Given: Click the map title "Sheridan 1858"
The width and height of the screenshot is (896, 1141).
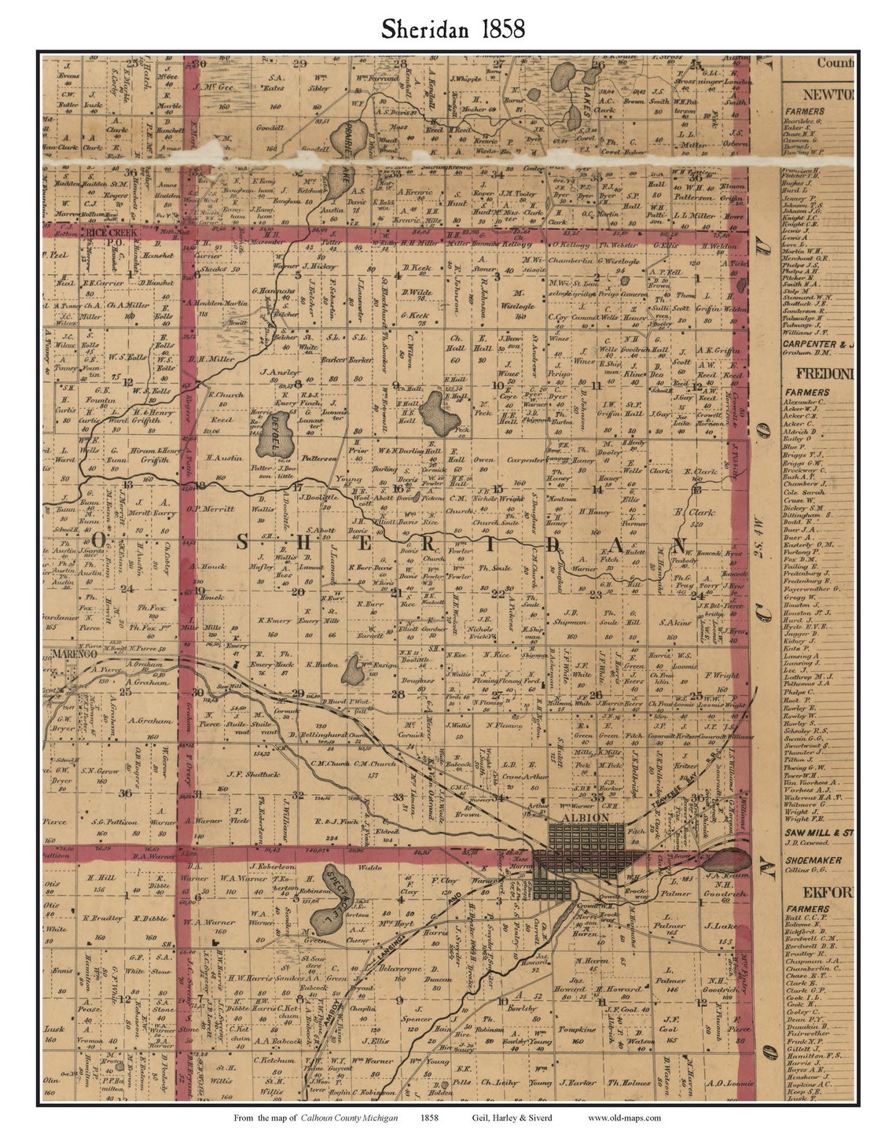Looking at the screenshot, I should (454, 29).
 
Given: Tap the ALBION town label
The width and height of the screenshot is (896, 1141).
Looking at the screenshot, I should (586, 818).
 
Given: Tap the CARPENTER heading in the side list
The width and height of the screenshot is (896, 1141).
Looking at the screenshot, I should (818, 344).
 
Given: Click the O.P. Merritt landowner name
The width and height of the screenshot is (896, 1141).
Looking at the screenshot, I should (211, 508).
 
